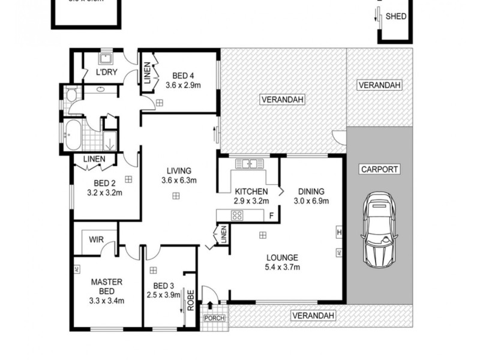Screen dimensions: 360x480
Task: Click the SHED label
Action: click(397, 16)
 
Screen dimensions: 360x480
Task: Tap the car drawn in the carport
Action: click(380, 230)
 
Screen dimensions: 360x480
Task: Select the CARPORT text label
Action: click(379, 170)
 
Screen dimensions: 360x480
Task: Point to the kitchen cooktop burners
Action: click(238, 216)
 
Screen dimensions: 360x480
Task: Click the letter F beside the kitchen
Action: click(271, 216)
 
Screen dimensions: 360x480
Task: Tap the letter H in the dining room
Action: click(339, 232)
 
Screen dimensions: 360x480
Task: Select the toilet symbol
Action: click(71, 94)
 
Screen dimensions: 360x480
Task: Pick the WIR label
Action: click(96, 239)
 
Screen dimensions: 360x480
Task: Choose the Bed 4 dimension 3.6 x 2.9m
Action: click(183, 86)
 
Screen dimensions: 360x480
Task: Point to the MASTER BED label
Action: click(107, 286)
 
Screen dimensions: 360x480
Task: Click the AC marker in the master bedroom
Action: click(77, 269)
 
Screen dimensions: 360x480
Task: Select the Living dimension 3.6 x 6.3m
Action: click(179, 180)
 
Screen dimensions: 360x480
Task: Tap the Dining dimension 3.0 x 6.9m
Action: click(311, 201)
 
